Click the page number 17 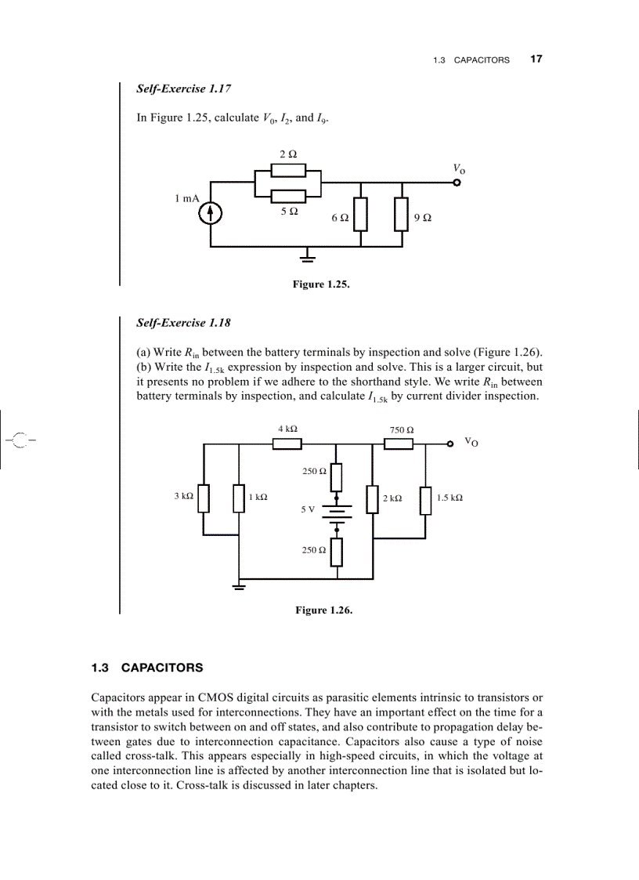click(x=536, y=59)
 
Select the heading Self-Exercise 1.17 click(x=183, y=89)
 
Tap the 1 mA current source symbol click(x=210, y=212)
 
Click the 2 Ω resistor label click(x=287, y=154)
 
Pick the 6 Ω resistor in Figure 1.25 click(x=360, y=215)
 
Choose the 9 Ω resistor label click(x=422, y=217)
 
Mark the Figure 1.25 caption click(x=321, y=284)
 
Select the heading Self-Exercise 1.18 click(x=183, y=322)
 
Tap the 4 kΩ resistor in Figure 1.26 click(x=287, y=444)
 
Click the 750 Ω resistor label click(x=402, y=429)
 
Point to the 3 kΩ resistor click(x=204, y=498)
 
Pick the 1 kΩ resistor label click(x=258, y=498)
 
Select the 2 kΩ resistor click(x=373, y=498)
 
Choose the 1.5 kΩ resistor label click(x=449, y=498)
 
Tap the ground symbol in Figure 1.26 click(x=239, y=586)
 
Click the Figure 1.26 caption click(x=323, y=610)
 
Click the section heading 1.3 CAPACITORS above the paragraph click(x=147, y=668)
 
